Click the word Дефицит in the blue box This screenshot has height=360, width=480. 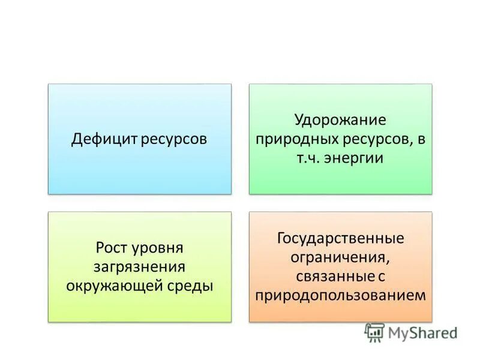tap(105, 139)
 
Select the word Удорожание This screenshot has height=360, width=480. tap(340, 120)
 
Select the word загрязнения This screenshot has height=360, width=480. tap(139, 266)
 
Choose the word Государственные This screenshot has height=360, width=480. tap(340, 238)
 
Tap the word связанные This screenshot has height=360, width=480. tap(332, 277)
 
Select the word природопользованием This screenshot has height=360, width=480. tap(340, 296)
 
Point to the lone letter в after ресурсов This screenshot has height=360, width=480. tap(421, 140)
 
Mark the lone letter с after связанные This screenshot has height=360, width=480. tap(380, 277)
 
